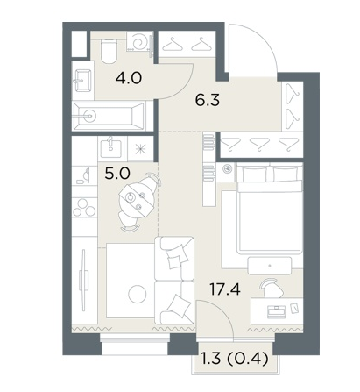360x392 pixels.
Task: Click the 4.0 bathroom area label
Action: click(x=129, y=78)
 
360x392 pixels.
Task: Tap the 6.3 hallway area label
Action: click(x=208, y=101)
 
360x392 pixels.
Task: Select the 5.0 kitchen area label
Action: click(x=117, y=175)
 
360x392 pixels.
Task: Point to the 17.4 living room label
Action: click(x=225, y=289)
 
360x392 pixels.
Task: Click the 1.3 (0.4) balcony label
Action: click(x=235, y=359)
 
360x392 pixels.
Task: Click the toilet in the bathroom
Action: click(x=109, y=52)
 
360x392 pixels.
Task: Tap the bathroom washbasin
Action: click(x=83, y=81)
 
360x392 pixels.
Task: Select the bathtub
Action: click(x=109, y=117)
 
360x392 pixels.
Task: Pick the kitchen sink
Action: click(x=112, y=147)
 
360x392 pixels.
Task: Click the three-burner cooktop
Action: click(x=84, y=207)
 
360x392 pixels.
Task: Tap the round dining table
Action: click(x=137, y=198)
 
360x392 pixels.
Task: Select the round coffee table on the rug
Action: click(x=138, y=294)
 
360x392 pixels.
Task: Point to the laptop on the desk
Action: click(x=276, y=311)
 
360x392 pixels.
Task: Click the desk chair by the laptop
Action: click(x=272, y=288)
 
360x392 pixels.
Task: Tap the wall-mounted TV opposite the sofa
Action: click(x=84, y=280)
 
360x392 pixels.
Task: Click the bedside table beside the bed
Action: click(x=228, y=173)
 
